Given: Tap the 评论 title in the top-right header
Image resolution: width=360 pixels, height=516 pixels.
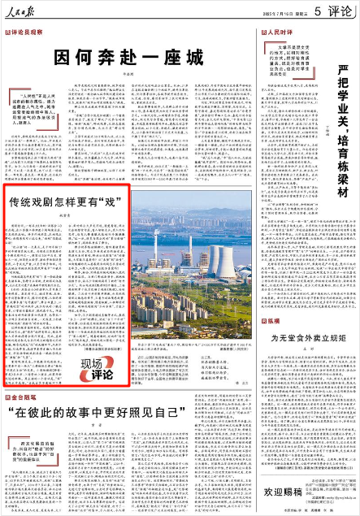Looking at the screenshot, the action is coord(333,11).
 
